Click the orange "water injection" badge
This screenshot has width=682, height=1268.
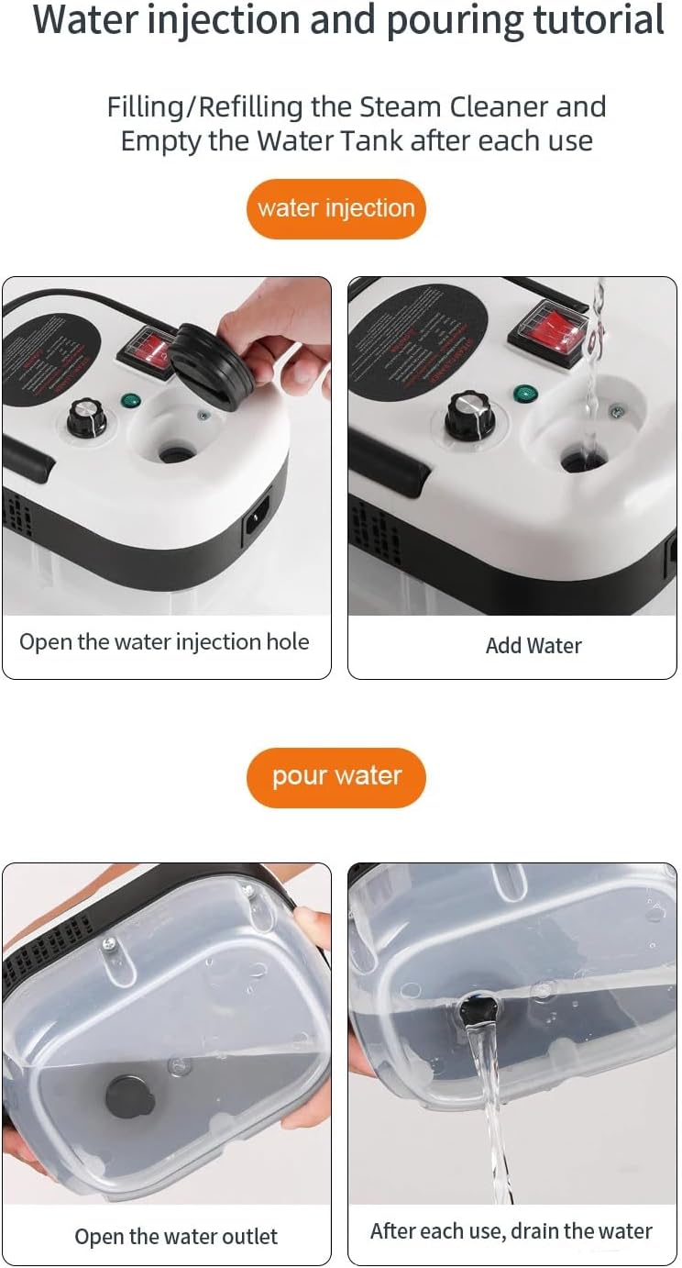click(335, 208)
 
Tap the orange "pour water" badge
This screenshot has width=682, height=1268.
click(336, 777)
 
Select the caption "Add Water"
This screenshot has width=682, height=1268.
click(533, 646)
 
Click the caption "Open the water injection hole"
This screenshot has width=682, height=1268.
click(164, 642)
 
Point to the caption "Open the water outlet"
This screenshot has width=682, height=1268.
click(176, 1237)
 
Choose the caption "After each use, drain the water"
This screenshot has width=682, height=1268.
click(511, 1231)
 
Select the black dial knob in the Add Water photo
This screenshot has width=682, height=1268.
click(469, 415)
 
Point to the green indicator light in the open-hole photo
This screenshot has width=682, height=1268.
click(129, 400)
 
